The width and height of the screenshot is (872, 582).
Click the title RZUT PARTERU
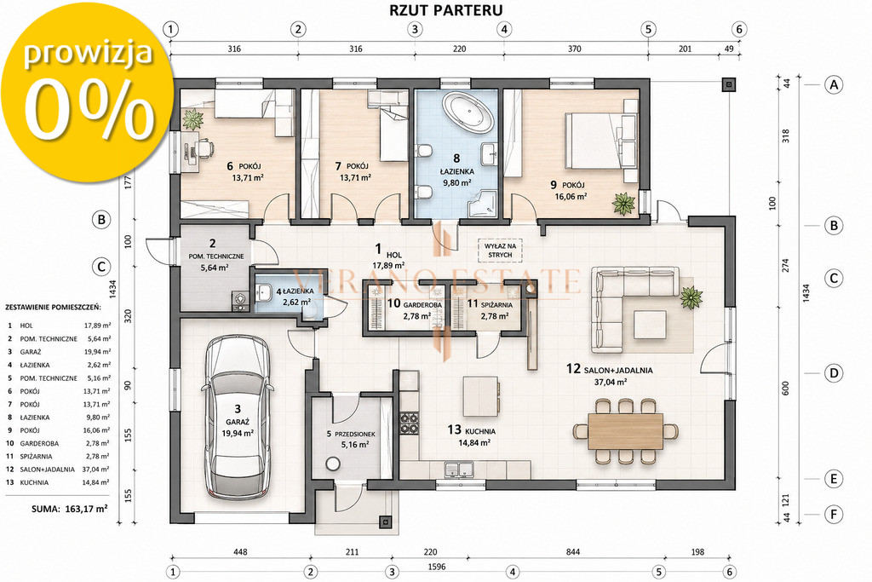[446, 10]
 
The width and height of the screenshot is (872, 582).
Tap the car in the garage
[238, 418]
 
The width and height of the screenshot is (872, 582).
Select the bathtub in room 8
[468, 114]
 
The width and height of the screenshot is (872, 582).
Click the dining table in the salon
[626, 430]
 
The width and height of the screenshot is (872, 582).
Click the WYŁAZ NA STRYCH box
[500, 250]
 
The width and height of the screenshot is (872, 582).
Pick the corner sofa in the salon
[634, 308]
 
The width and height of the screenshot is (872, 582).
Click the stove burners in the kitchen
[410, 423]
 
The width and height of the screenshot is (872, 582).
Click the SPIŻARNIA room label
[497, 305]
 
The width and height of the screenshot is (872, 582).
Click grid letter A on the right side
[833, 84]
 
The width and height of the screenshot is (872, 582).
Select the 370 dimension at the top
[575, 49]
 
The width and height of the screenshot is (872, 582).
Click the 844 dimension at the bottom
[573, 552]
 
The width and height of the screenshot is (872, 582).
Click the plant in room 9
[623, 204]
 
